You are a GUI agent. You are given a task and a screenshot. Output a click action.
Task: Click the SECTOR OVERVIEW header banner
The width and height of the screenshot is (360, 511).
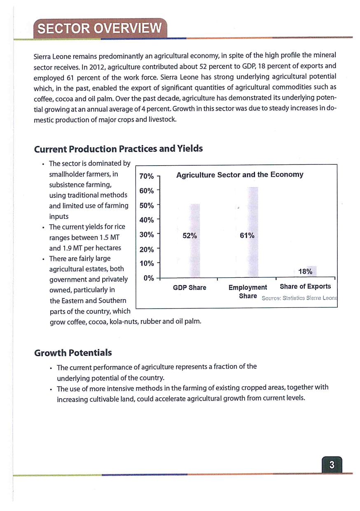pyautogui.click(x=100, y=28)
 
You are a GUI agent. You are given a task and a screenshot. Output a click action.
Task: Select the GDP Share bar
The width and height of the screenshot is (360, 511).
pyautogui.click(x=194, y=240)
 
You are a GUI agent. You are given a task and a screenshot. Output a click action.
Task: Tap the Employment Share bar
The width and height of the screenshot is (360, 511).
pyautogui.click(x=253, y=232)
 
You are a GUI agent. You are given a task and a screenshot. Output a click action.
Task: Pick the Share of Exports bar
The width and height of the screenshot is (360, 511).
pyautogui.click(x=311, y=271)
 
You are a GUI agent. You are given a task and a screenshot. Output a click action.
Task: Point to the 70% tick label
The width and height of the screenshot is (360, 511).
pyautogui.click(x=146, y=176)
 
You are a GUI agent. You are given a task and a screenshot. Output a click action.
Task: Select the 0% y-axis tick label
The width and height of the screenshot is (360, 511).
pyautogui.click(x=149, y=278)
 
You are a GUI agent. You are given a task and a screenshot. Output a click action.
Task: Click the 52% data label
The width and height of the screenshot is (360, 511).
pyautogui.click(x=190, y=236)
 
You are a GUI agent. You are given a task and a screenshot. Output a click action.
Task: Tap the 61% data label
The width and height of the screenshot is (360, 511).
pyautogui.click(x=247, y=235)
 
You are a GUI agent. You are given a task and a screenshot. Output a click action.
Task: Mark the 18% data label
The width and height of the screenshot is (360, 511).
pyautogui.click(x=305, y=272)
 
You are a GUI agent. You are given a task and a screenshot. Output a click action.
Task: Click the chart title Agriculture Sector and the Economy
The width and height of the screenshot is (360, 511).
pyautogui.click(x=240, y=175)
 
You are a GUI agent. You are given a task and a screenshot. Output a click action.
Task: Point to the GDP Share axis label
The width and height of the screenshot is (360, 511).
pyautogui.click(x=189, y=288)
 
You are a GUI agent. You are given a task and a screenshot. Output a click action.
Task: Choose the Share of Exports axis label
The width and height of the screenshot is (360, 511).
pyautogui.click(x=305, y=286)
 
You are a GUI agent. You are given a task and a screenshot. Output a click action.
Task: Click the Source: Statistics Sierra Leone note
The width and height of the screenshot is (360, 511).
pyautogui.click(x=299, y=298)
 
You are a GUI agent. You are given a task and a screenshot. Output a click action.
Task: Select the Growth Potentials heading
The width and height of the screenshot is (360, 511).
pyautogui.click(x=73, y=353)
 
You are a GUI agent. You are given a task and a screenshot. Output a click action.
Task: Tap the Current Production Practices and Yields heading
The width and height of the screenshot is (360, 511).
pyautogui.click(x=118, y=149)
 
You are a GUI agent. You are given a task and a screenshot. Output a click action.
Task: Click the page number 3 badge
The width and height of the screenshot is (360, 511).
pyautogui.click(x=332, y=464)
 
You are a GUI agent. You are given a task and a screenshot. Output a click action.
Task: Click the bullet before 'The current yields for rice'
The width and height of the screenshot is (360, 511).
pyautogui.click(x=43, y=227)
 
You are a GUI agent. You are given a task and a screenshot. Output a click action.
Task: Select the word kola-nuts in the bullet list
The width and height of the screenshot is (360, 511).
pyautogui.click(x=124, y=322)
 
